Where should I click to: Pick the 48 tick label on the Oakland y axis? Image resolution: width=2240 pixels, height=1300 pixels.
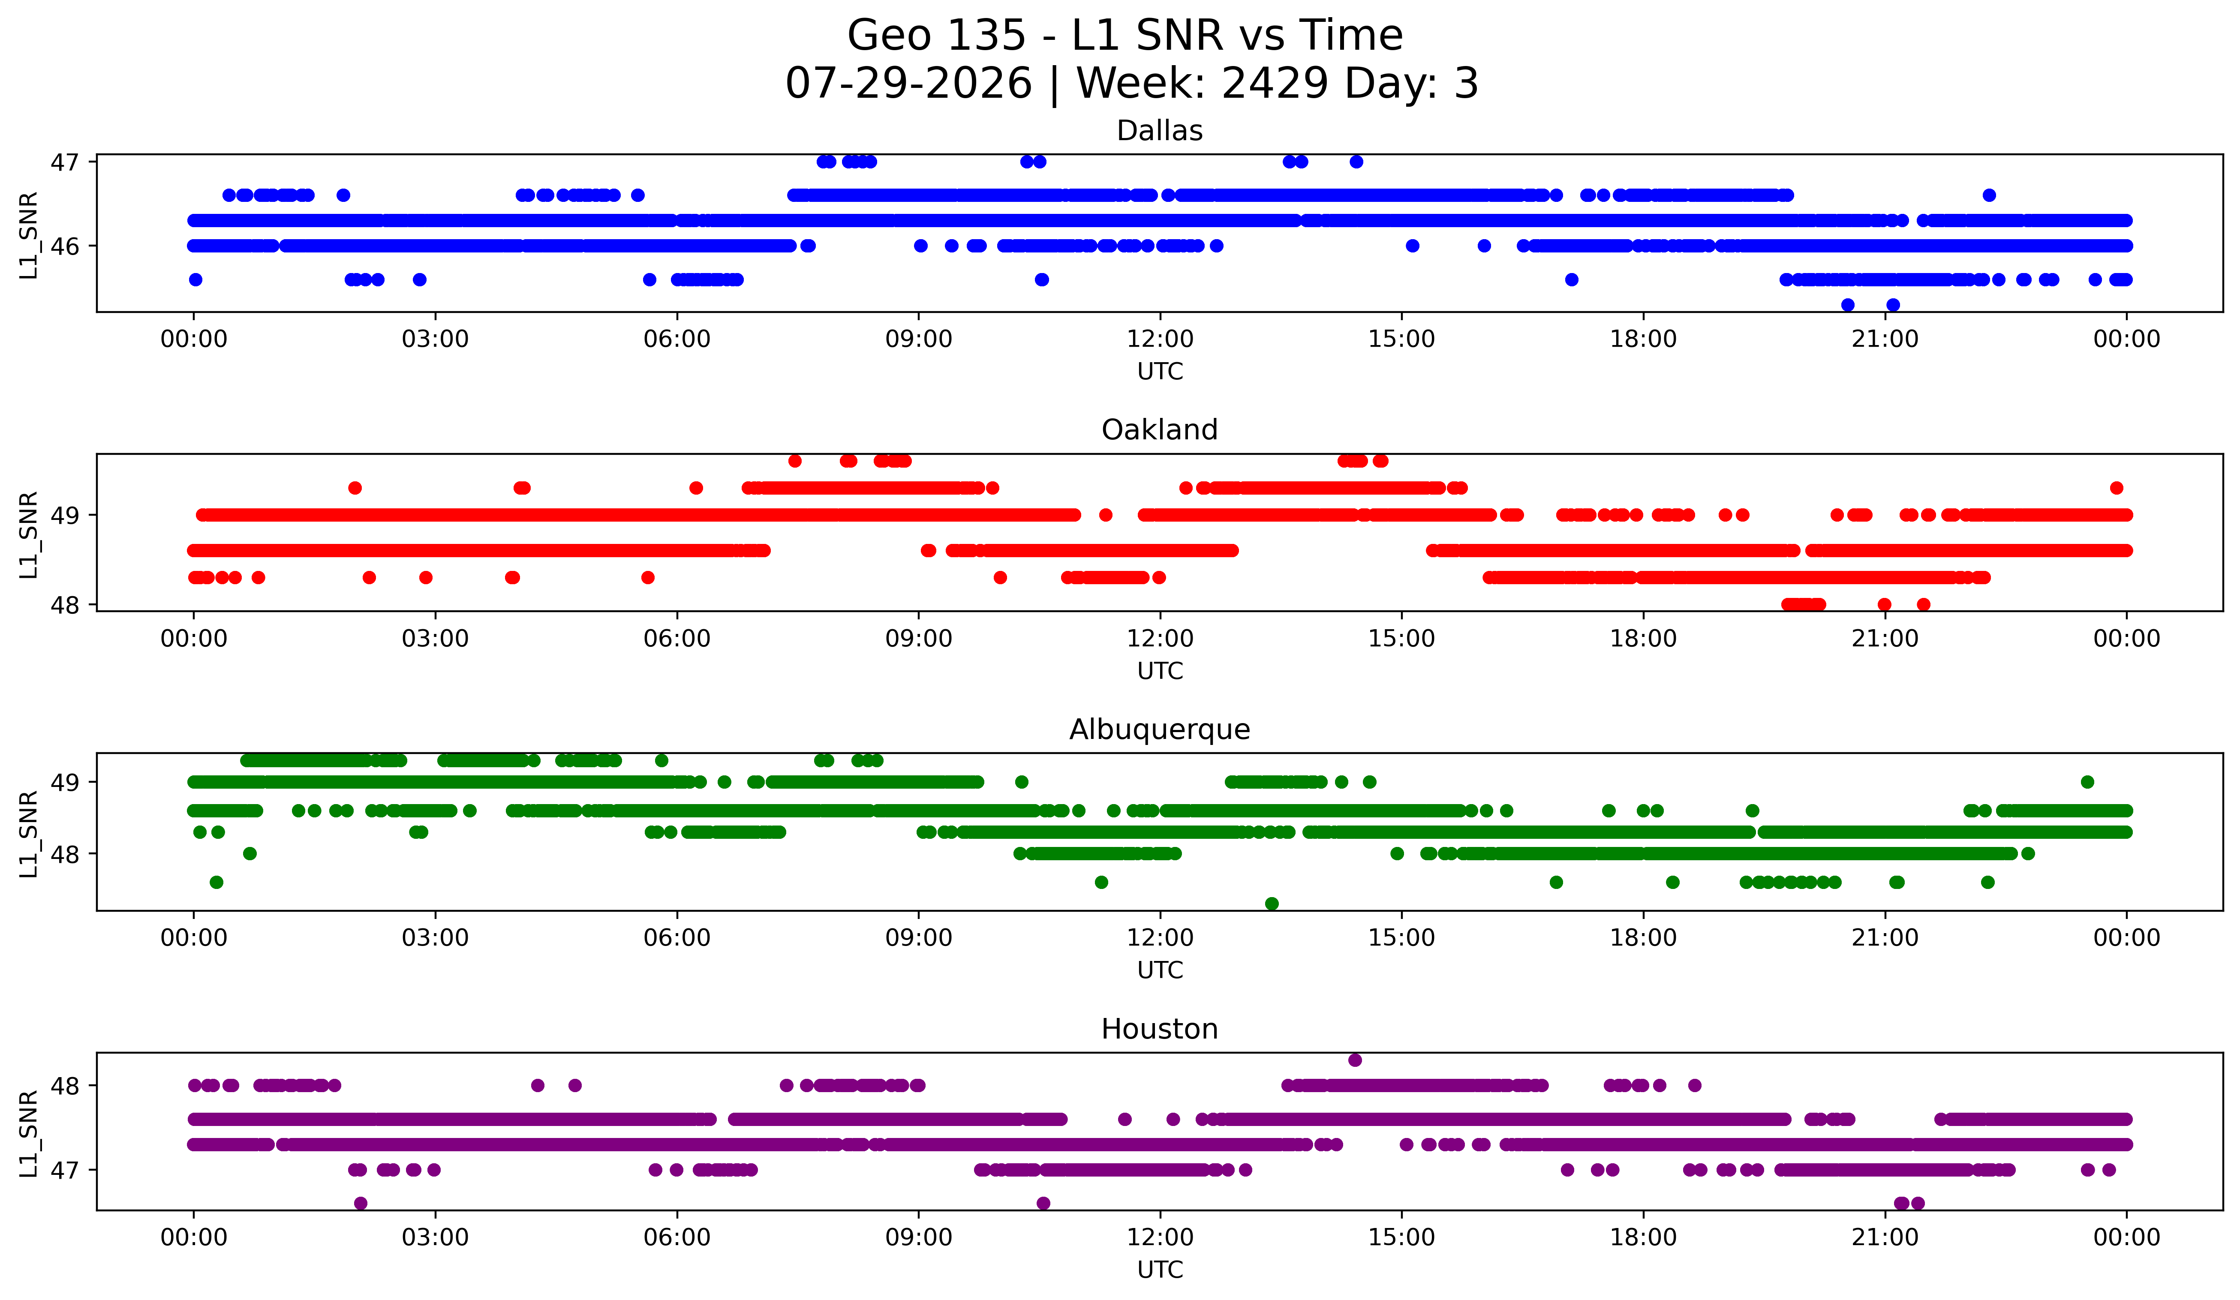click(64, 605)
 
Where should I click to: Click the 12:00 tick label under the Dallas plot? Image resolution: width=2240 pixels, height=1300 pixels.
click(1160, 339)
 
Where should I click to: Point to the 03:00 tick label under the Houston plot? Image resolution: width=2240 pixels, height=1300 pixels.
click(436, 1238)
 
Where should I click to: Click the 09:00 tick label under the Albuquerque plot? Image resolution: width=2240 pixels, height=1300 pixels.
click(918, 938)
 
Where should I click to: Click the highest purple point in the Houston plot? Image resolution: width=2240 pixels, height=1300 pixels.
click(1355, 1060)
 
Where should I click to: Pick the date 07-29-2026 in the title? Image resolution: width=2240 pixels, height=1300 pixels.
click(908, 84)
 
